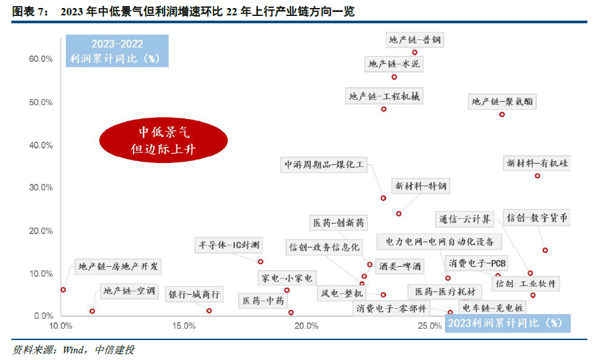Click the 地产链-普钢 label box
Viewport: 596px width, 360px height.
(x=415, y=40)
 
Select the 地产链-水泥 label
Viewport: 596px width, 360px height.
(x=394, y=65)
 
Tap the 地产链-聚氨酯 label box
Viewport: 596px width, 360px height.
(x=503, y=102)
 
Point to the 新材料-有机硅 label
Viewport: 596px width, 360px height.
(x=537, y=163)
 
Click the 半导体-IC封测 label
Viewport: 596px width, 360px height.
(x=229, y=244)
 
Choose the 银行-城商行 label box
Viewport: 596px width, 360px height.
(x=194, y=294)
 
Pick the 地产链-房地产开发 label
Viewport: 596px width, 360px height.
(x=118, y=267)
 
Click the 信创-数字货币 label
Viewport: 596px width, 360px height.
(x=537, y=218)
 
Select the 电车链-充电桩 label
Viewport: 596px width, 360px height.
(x=493, y=307)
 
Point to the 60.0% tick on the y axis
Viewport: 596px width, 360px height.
(x=41, y=59)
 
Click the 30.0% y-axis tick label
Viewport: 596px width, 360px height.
(x=41, y=188)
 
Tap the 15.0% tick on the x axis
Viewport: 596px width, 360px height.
(x=184, y=326)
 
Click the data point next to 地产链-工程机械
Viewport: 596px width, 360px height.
(x=384, y=109)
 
